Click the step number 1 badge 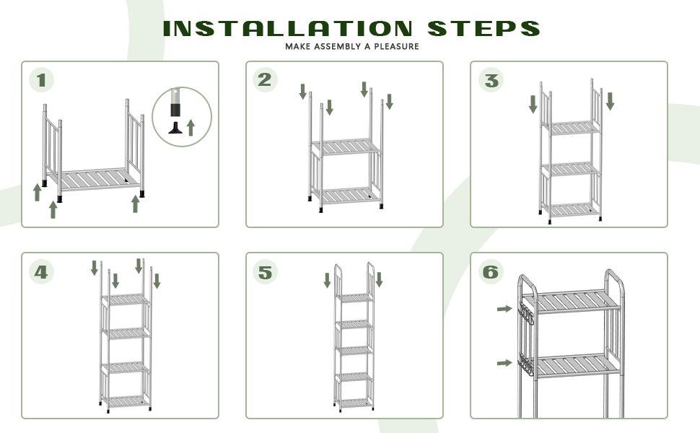point(42,79)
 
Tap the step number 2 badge point(266,79)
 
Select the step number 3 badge point(491,80)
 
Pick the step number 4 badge point(42,271)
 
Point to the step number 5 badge point(266,272)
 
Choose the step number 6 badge point(491,272)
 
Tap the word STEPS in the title point(484,29)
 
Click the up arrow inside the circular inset point(191,128)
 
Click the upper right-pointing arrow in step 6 point(504,309)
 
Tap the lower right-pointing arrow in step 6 point(504,362)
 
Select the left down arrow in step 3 point(533,103)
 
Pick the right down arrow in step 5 point(379,279)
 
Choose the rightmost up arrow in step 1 point(135,204)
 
